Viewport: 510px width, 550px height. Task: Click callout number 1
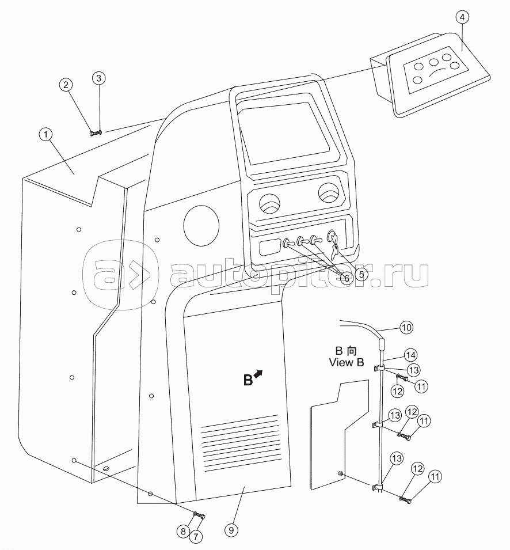coord(45,135)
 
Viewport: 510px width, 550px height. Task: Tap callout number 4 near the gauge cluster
coord(463,17)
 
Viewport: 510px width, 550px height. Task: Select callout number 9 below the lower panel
coord(231,530)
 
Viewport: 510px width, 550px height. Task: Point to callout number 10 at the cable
coord(406,328)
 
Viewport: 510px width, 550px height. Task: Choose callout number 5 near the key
coord(361,274)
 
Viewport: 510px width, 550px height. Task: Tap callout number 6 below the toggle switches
coord(347,278)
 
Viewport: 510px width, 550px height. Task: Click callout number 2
coord(66,85)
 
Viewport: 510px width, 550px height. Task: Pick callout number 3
coord(99,78)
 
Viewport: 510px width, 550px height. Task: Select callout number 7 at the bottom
coord(195,536)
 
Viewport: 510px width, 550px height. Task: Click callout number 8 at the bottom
coord(183,532)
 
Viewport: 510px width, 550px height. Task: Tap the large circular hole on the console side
coord(201,226)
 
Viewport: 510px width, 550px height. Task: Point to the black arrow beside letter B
coord(258,374)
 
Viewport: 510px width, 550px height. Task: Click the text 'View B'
coord(347,362)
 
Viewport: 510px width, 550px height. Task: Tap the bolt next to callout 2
coord(93,133)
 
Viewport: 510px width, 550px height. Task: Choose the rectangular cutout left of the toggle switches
coord(270,246)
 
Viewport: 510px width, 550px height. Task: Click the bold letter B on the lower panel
coord(248,380)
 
